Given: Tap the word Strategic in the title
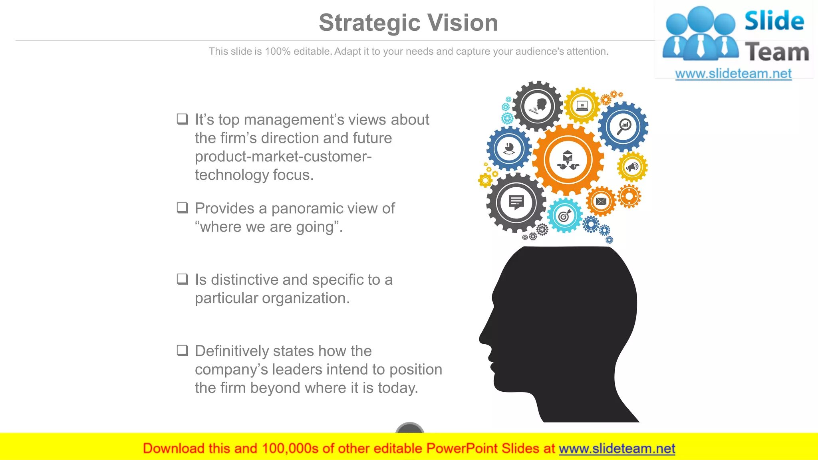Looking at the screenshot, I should tap(368, 23).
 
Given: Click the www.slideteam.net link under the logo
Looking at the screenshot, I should tap(733, 73).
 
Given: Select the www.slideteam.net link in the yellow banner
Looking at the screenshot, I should tap(617, 448).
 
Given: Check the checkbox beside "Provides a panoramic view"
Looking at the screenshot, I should tap(183, 208).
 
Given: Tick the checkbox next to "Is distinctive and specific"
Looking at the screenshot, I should tap(183, 279).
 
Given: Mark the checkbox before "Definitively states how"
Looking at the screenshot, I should tap(183, 351).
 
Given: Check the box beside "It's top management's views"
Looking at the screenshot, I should tap(183, 119).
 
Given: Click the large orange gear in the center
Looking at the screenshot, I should tap(568, 160).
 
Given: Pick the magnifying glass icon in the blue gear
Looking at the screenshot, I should tap(623, 127).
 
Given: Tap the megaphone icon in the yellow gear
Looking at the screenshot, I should tap(632, 167).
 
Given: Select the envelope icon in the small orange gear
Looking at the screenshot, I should tap(601, 201).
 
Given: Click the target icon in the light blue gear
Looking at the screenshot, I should tap(564, 216).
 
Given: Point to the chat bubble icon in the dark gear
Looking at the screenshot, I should tap(516, 202).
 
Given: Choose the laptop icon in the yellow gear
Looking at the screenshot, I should tap(582, 106).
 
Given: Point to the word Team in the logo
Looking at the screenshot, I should tap(776, 53).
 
